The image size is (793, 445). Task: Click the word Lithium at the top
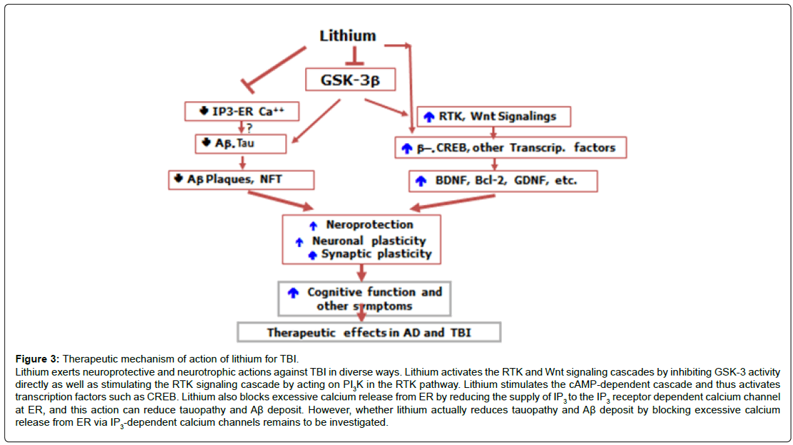point(348,36)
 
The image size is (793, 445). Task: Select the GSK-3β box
point(350,80)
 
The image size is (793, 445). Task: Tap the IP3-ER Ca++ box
point(242,111)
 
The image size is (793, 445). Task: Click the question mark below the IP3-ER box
point(249,127)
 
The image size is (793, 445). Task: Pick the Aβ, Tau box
point(241,144)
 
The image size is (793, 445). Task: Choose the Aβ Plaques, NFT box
point(241,180)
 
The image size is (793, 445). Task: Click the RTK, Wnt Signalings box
point(493,116)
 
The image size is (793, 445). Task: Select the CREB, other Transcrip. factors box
point(511,148)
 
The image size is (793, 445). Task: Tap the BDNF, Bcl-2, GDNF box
point(503,181)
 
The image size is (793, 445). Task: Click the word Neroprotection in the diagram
point(369,224)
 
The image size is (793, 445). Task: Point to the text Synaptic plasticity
point(377,254)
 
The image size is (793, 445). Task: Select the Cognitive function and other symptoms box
point(365,299)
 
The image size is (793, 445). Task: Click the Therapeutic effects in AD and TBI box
point(369,332)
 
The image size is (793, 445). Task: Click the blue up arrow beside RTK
point(429,117)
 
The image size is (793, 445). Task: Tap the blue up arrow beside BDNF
point(421,181)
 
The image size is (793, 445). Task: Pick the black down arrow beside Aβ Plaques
point(178,178)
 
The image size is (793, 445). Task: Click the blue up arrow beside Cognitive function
point(293,292)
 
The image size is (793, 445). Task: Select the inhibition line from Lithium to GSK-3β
point(354,56)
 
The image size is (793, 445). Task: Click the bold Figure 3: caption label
point(37,359)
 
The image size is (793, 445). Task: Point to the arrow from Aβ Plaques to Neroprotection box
point(280,200)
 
